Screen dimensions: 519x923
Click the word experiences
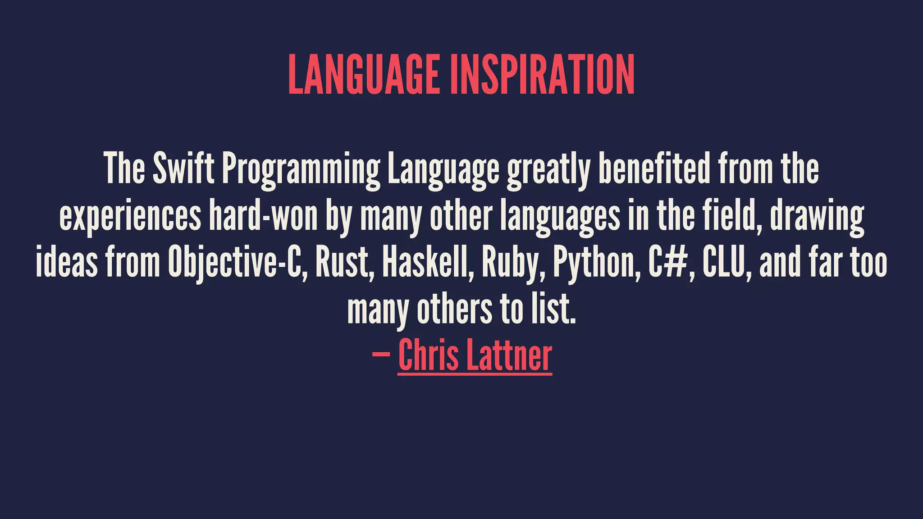pos(130,217)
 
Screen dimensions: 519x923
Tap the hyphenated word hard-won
pos(264,216)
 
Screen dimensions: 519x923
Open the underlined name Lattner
pos(509,355)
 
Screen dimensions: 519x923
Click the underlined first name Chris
pos(428,355)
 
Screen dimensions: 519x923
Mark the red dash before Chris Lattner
pos(381,355)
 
